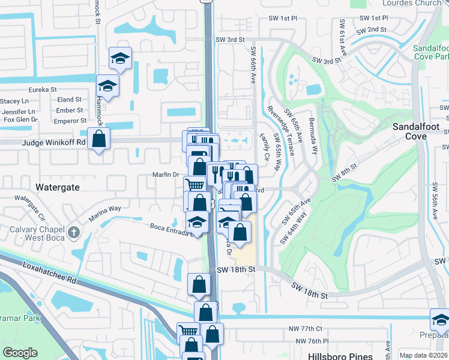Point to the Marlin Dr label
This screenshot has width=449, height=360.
pos(168,175)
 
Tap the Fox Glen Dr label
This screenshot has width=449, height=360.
pos(20,119)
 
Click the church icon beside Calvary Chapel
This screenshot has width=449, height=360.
pos(73,232)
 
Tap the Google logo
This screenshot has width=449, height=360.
pos(20,353)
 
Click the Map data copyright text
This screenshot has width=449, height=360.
pos(423,355)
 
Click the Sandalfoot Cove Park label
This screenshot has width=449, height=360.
pos(430,52)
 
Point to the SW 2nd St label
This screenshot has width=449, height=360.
pos(372,29)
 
